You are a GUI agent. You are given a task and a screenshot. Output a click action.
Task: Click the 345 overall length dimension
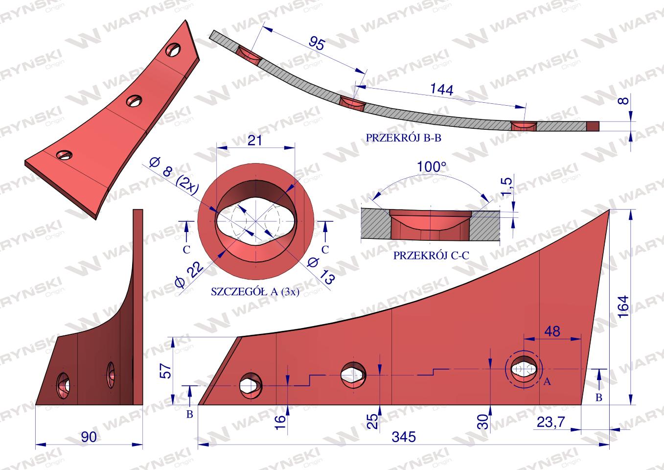point(404,437)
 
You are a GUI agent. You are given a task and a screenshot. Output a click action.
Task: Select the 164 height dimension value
point(623,306)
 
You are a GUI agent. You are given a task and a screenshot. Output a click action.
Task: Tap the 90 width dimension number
point(89,437)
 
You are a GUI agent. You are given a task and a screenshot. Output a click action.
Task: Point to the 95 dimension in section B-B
point(317,44)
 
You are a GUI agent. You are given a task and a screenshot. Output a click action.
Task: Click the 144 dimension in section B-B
point(442,89)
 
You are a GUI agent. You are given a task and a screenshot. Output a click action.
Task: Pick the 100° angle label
point(431,167)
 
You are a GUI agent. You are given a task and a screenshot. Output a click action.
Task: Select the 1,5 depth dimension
point(506,186)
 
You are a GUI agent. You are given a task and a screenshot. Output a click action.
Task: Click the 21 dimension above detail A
point(254,140)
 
